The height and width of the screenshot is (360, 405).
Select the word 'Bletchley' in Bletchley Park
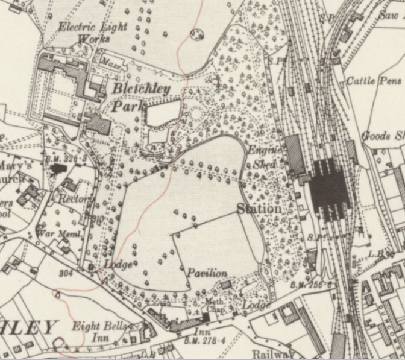(145, 89)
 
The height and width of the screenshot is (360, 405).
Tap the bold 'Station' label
(259, 209)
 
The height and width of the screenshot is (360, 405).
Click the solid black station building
(329, 189)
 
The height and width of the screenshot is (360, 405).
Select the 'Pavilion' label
(206, 273)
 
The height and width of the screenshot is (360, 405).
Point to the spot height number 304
(66, 273)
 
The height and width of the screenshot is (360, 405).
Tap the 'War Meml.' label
(54, 232)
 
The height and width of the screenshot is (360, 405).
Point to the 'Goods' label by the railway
(375, 136)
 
